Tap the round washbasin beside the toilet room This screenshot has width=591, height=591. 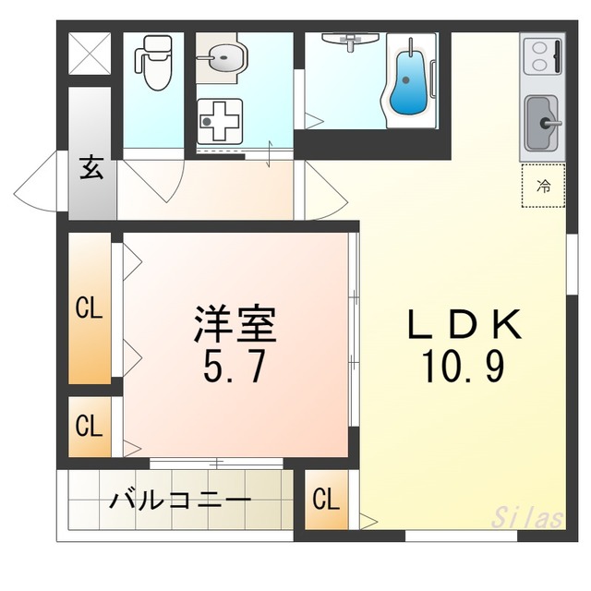click(223, 57)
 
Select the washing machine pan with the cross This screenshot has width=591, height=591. click(220, 121)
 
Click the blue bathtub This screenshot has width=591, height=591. click(408, 82)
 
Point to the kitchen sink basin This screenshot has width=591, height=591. click(542, 123)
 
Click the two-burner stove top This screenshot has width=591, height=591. click(542, 55)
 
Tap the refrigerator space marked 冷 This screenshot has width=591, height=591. click(544, 186)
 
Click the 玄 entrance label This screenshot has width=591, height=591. click(91, 168)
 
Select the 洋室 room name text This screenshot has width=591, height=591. click(235, 324)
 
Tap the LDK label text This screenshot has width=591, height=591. click(464, 324)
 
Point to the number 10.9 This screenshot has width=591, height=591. click(464, 366)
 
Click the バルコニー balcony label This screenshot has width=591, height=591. click(180, 501)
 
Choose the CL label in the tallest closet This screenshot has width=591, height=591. click(89, 308)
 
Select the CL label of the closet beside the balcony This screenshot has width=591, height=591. click(326, 500)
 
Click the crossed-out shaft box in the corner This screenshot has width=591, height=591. click(90, 54)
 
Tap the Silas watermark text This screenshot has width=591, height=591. click(527, 517)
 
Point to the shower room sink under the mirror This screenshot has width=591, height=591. click(350, 40)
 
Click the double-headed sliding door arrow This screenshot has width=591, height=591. click(270, 154)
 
